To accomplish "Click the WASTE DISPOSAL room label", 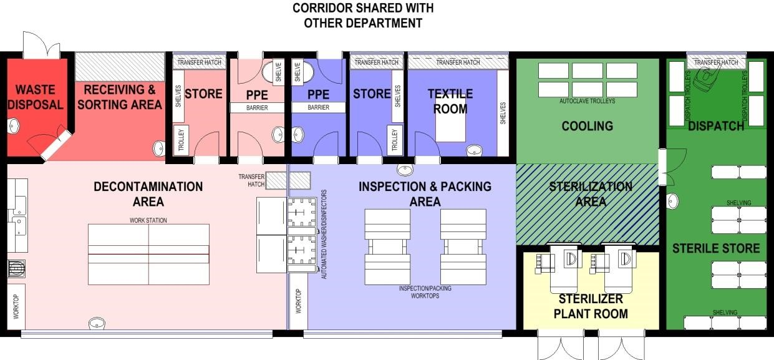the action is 36,97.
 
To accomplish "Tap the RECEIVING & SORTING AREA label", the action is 120,97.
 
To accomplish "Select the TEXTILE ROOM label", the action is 450,101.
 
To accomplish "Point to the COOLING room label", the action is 587,126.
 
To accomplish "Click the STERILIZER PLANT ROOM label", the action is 591,306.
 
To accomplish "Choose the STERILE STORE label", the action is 716,248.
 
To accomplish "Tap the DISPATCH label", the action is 716,126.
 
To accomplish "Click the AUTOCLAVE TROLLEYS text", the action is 587,101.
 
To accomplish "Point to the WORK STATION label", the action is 148,220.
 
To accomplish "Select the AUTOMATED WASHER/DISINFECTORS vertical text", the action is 324,234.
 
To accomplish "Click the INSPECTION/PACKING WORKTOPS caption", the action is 425,292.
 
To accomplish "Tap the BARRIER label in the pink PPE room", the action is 257,108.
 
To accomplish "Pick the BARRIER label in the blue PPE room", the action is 318,107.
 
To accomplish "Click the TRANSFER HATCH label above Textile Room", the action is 458,62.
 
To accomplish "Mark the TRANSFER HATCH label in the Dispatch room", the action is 716,62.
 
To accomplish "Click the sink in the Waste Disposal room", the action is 13,126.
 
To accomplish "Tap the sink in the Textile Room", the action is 474,150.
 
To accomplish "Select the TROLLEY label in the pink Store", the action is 181,140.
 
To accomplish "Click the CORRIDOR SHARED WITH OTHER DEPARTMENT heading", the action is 363,16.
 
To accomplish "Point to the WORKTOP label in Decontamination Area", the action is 16,306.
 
